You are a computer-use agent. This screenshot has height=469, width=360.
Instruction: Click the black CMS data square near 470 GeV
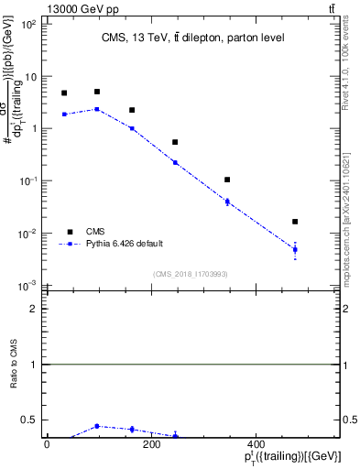(x=295, y=222)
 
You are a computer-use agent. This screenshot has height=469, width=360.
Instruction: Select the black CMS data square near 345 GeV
(x=227, y=180)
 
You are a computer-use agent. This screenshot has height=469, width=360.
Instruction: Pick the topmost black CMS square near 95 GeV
(x=97, y=92)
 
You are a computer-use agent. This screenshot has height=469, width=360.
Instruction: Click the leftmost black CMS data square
(x=64, y=93)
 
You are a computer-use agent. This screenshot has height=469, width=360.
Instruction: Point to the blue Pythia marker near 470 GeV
(x=295, y=249)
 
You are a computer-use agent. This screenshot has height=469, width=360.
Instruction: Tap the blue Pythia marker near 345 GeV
(x=227, y=202)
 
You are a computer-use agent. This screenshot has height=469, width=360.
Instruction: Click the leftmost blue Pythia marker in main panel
(x=64, y=114)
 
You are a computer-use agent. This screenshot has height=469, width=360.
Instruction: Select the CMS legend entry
(x=94, y=232)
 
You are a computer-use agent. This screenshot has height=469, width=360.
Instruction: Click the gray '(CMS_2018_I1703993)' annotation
(x=191, y=274)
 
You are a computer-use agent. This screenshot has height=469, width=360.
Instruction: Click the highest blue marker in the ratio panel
(x=97, y=426)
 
